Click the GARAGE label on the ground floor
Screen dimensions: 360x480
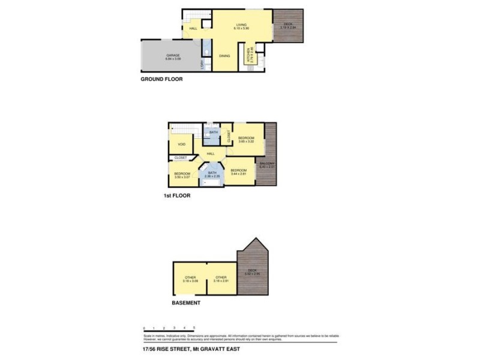(173, 56)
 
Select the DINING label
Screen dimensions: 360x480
(224, 56)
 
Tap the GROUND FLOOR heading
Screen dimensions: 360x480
(161, 79)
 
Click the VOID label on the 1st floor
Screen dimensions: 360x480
(182, 145)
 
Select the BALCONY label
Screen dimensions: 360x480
(266, 163)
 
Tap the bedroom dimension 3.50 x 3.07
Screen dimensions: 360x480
(182, 177)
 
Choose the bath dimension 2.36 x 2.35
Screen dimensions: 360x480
(212, 176)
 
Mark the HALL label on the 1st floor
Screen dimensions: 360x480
(211, 154)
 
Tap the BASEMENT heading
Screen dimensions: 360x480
(186, 303)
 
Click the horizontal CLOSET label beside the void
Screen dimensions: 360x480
(181, 158)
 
